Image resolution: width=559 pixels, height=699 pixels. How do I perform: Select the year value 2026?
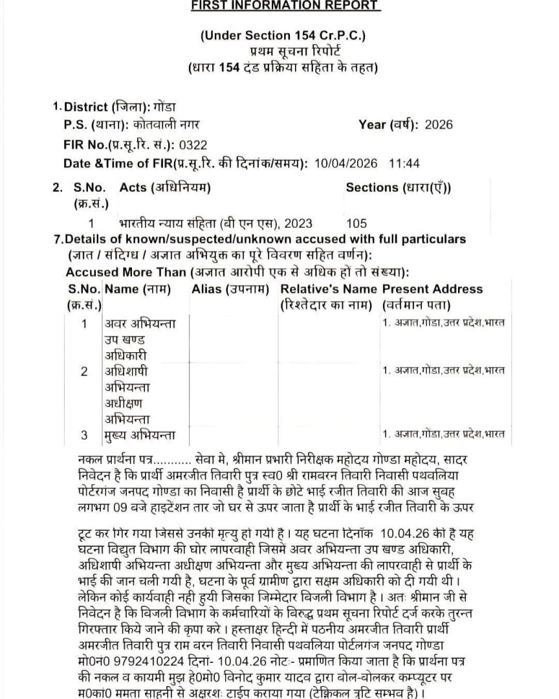pyautogui.click(x=439, y=125)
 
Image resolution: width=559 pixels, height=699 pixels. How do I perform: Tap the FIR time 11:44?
pyautogui.click(x=405, y=163)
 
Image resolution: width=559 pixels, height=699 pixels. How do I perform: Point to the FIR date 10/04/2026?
pyautogui.click(x=348, y=163)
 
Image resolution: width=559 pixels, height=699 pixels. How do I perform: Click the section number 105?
pyautogui.click(x=356, y=224)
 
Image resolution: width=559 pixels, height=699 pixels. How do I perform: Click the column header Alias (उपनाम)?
pyautogui.click(x=230, y=289)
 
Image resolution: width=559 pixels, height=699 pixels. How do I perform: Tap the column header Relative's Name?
pyautogui.click(x=329, y=289)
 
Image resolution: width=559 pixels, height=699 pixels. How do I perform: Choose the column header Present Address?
pyautogui.click(x=432, y=289)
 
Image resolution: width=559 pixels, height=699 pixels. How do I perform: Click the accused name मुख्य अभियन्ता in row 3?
pyautogui.click(x=139, y=434)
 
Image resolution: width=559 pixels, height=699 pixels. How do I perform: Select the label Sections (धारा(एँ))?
pyautogui.click(x=399, y=188)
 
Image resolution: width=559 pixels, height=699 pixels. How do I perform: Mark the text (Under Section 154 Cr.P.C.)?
pyautogui.click(x=283, y=36)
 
